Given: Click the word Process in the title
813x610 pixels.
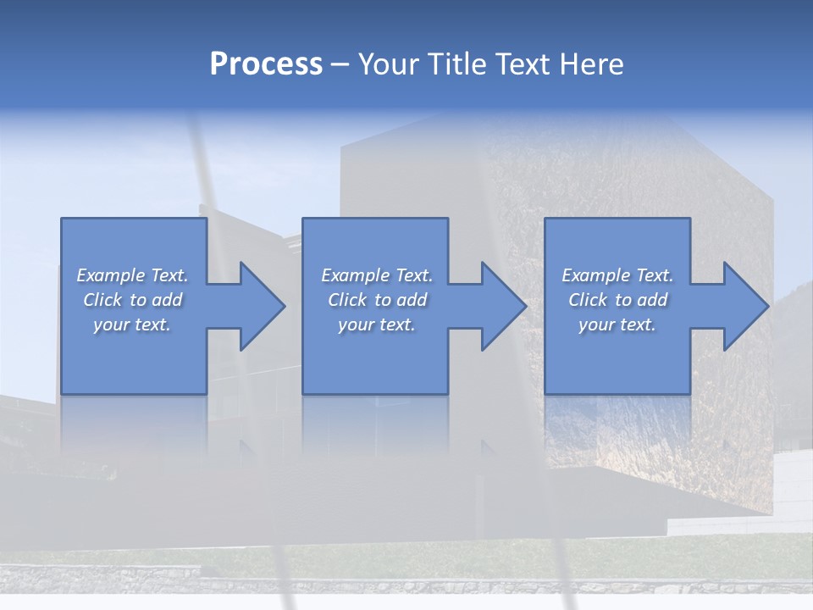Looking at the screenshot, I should coord(266,64).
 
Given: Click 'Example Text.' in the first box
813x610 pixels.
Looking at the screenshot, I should coord(133,275).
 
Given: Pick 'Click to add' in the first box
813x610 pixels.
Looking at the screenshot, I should coord(133,300).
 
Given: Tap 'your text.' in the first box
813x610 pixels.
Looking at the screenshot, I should coord(133,324).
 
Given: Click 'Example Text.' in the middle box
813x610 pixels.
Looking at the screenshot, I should coord(377,275).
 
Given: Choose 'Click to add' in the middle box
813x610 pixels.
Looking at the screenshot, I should coord(377,300).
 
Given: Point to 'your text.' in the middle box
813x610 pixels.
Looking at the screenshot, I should coord(377,324).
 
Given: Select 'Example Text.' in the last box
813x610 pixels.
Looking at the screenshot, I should coord(617,275).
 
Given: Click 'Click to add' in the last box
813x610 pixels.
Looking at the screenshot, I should coord(617,300).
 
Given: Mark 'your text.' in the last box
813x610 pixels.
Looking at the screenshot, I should coord(617,324).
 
